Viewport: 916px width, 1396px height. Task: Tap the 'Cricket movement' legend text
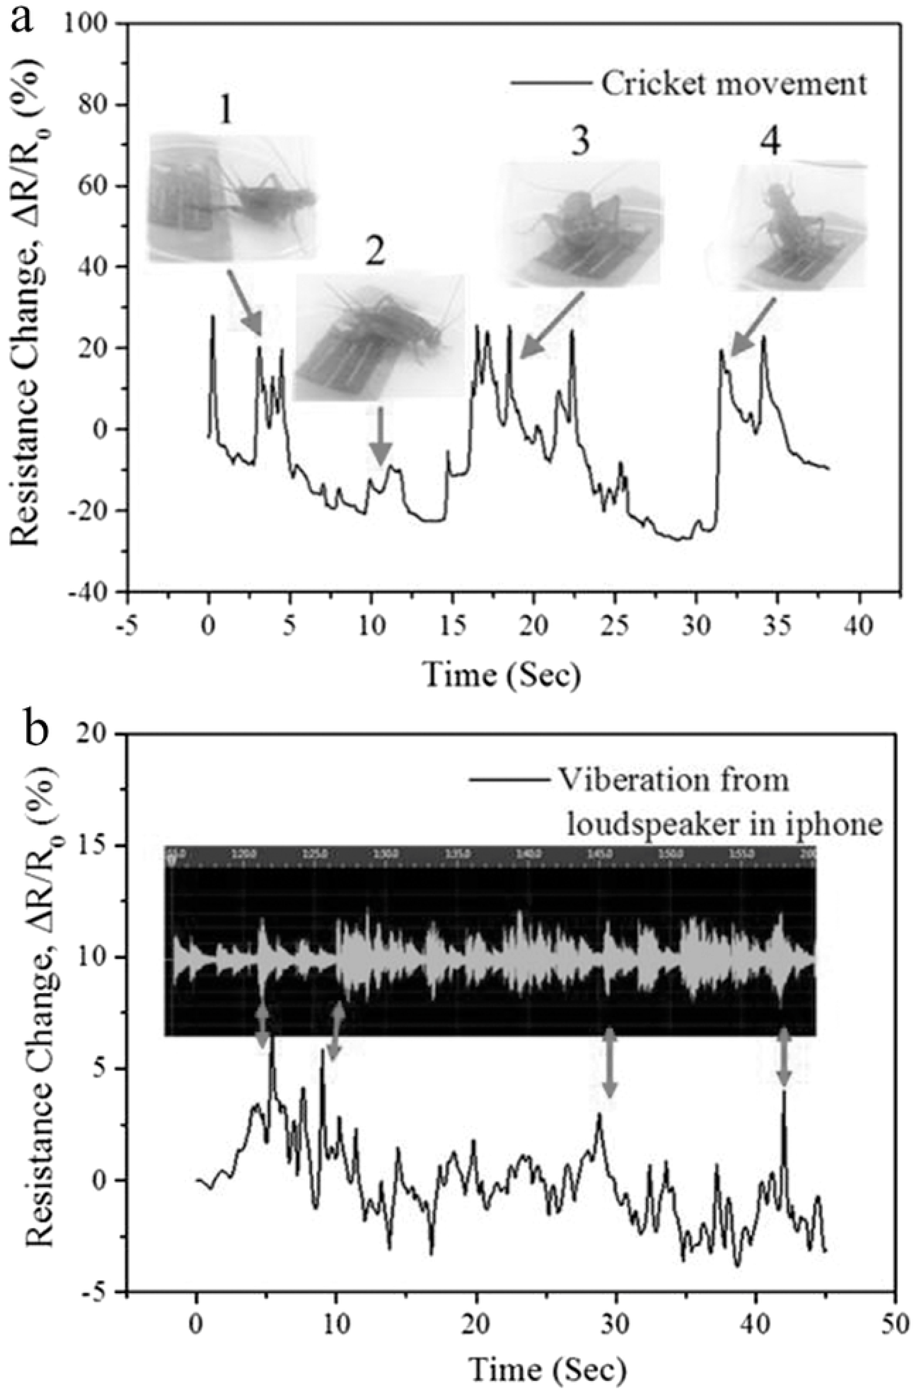pyautogui.click(x=733, y=84)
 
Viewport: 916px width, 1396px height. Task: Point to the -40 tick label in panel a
pyautogui.click(x=94, y=592)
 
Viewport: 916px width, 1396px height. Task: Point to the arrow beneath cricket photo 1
pyautogui.click(x=244, y=302)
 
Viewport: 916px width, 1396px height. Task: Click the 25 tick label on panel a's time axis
pyautogui.click(x=614, y=625)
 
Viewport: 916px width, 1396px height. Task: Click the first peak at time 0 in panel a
pyautogui.click(x=212, y=320)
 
